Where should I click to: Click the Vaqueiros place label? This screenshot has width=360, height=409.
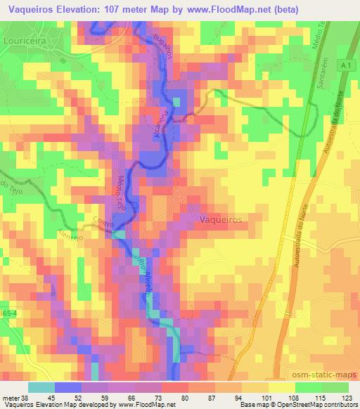coord(221,219)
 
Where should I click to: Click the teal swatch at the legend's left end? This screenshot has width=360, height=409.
coord(41,387)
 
